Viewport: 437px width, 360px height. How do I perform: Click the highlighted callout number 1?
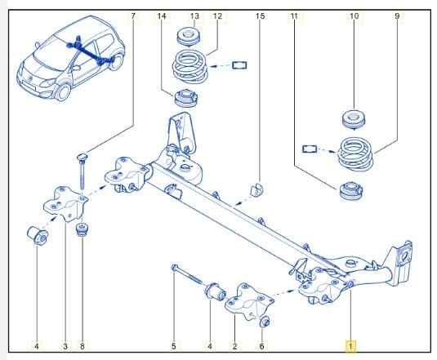tap(350, 346)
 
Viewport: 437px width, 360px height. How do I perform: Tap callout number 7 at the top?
tap(133, 16)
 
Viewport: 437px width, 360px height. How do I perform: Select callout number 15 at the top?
tap(260, 16)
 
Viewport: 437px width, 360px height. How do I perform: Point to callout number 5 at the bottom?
tap(174, 346)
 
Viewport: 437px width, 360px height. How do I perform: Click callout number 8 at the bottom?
tap(82, 346)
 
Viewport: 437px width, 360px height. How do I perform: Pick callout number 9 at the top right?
tap(397, 16)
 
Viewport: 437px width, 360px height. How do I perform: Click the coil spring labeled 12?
tap(190, 66)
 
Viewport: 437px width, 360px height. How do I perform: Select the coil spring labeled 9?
tap(355, 153)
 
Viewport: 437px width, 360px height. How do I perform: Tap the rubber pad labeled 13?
tap(188, 36)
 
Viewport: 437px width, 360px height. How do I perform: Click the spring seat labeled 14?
tap(185, 98)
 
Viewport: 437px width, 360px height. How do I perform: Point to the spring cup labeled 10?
tap(354, 119)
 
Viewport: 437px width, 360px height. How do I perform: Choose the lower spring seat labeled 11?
tap(351, 190)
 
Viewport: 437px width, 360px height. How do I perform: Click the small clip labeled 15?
tap(257, 189)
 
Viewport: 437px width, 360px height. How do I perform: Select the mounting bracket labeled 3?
tap(67, 204)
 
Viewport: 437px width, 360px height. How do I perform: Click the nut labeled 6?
tap(265, 322)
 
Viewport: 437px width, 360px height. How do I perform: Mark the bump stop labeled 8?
tap(82, 229)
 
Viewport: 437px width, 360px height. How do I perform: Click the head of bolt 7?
tap(82, 158)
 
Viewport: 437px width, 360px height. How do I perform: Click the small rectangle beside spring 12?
tap(239, 65)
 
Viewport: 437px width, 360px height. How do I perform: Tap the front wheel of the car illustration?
tap(63, 92)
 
